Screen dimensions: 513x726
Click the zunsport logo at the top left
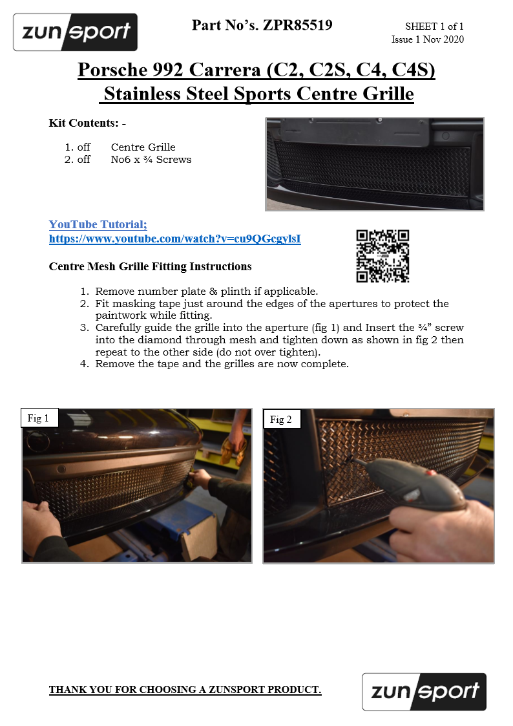tap(76, 32)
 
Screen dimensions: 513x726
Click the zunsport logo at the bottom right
tap(424, 692)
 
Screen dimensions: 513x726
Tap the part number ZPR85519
tap(297, 25)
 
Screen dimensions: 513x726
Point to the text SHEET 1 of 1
tap(434, 27)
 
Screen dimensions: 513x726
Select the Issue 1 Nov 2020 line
tap(428, 39)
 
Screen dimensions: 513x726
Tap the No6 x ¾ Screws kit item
tap(151, 160)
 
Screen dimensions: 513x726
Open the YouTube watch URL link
tap(175, 239)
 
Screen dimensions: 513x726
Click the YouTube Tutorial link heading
tap(98, 224)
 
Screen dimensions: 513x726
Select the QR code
tap(382, 256)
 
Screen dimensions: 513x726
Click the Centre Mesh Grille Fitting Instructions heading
tap(151, 267)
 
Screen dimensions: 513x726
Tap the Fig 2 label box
tap(281, 419)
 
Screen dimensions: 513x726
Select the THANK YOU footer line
tap(185, 689)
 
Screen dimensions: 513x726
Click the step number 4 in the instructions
tap(85, 364)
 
